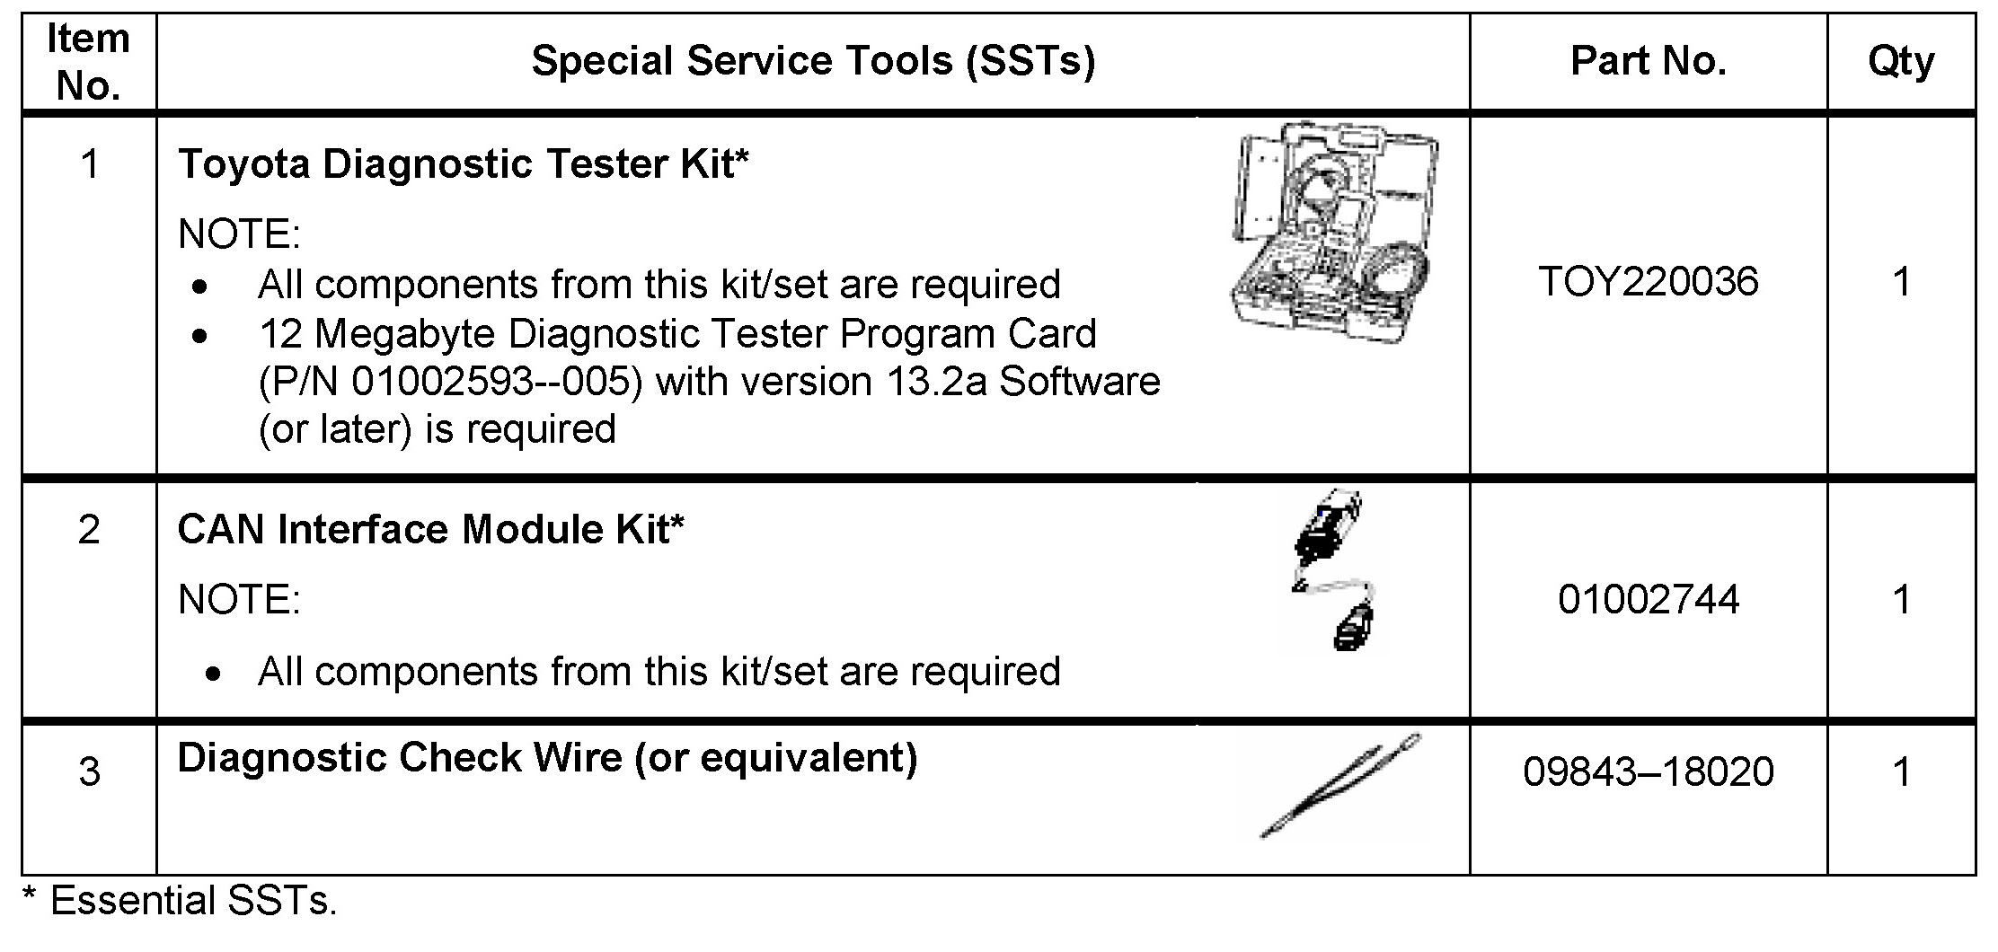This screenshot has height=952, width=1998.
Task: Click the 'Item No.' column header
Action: click(88, 62)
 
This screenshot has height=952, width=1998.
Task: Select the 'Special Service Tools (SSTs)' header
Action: click(813, 62)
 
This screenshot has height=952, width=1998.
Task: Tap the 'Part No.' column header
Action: click(1648, 62)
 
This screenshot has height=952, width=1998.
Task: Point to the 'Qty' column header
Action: click(1900, 62)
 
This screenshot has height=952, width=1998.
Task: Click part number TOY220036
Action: click(1648, 282)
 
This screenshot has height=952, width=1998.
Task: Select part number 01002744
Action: click(1648, 600)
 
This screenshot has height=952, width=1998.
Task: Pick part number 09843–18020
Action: click(1648, 772)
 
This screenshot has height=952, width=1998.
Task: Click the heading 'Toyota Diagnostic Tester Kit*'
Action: click(464, 164)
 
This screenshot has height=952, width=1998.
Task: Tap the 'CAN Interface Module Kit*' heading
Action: click(431, 529)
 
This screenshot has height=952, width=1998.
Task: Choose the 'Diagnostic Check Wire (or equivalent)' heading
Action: click(547, 758)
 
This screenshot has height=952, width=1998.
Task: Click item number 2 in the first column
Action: click(88, 530)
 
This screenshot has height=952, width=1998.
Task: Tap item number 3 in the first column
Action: click(88, 772)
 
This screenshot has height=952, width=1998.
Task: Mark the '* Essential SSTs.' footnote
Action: click(179, 901)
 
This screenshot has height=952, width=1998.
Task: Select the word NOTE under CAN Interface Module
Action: click(239, 600)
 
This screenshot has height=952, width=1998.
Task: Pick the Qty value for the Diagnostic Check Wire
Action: click(1900, 772)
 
